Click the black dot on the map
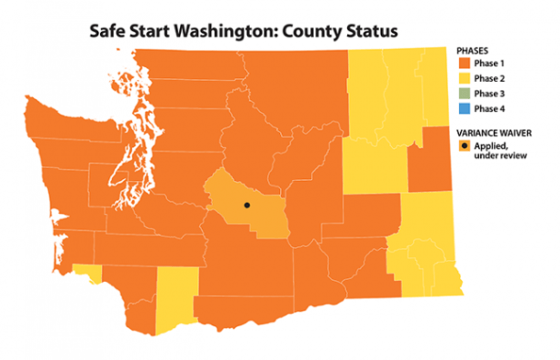[246, 205]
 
